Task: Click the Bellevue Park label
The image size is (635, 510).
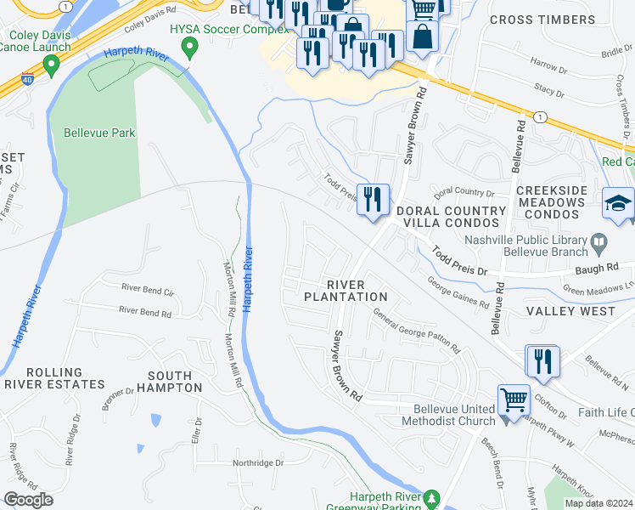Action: click(x=99, y=133)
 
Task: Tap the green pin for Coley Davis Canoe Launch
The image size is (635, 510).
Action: click(x=51, y=65)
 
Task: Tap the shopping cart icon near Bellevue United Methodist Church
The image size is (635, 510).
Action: click(x=514, y=399)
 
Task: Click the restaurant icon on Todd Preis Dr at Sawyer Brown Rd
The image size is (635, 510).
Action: click(x=373, y=201)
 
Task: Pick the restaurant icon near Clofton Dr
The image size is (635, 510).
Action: click(x=542, y=361)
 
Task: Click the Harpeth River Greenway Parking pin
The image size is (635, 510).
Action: click(x=432, y=496)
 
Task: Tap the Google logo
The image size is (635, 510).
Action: click(x=27, y=499)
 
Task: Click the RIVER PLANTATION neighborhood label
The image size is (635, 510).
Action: click(x=346, y=290)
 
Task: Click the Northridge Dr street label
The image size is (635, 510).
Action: click(x=258, y=463)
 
